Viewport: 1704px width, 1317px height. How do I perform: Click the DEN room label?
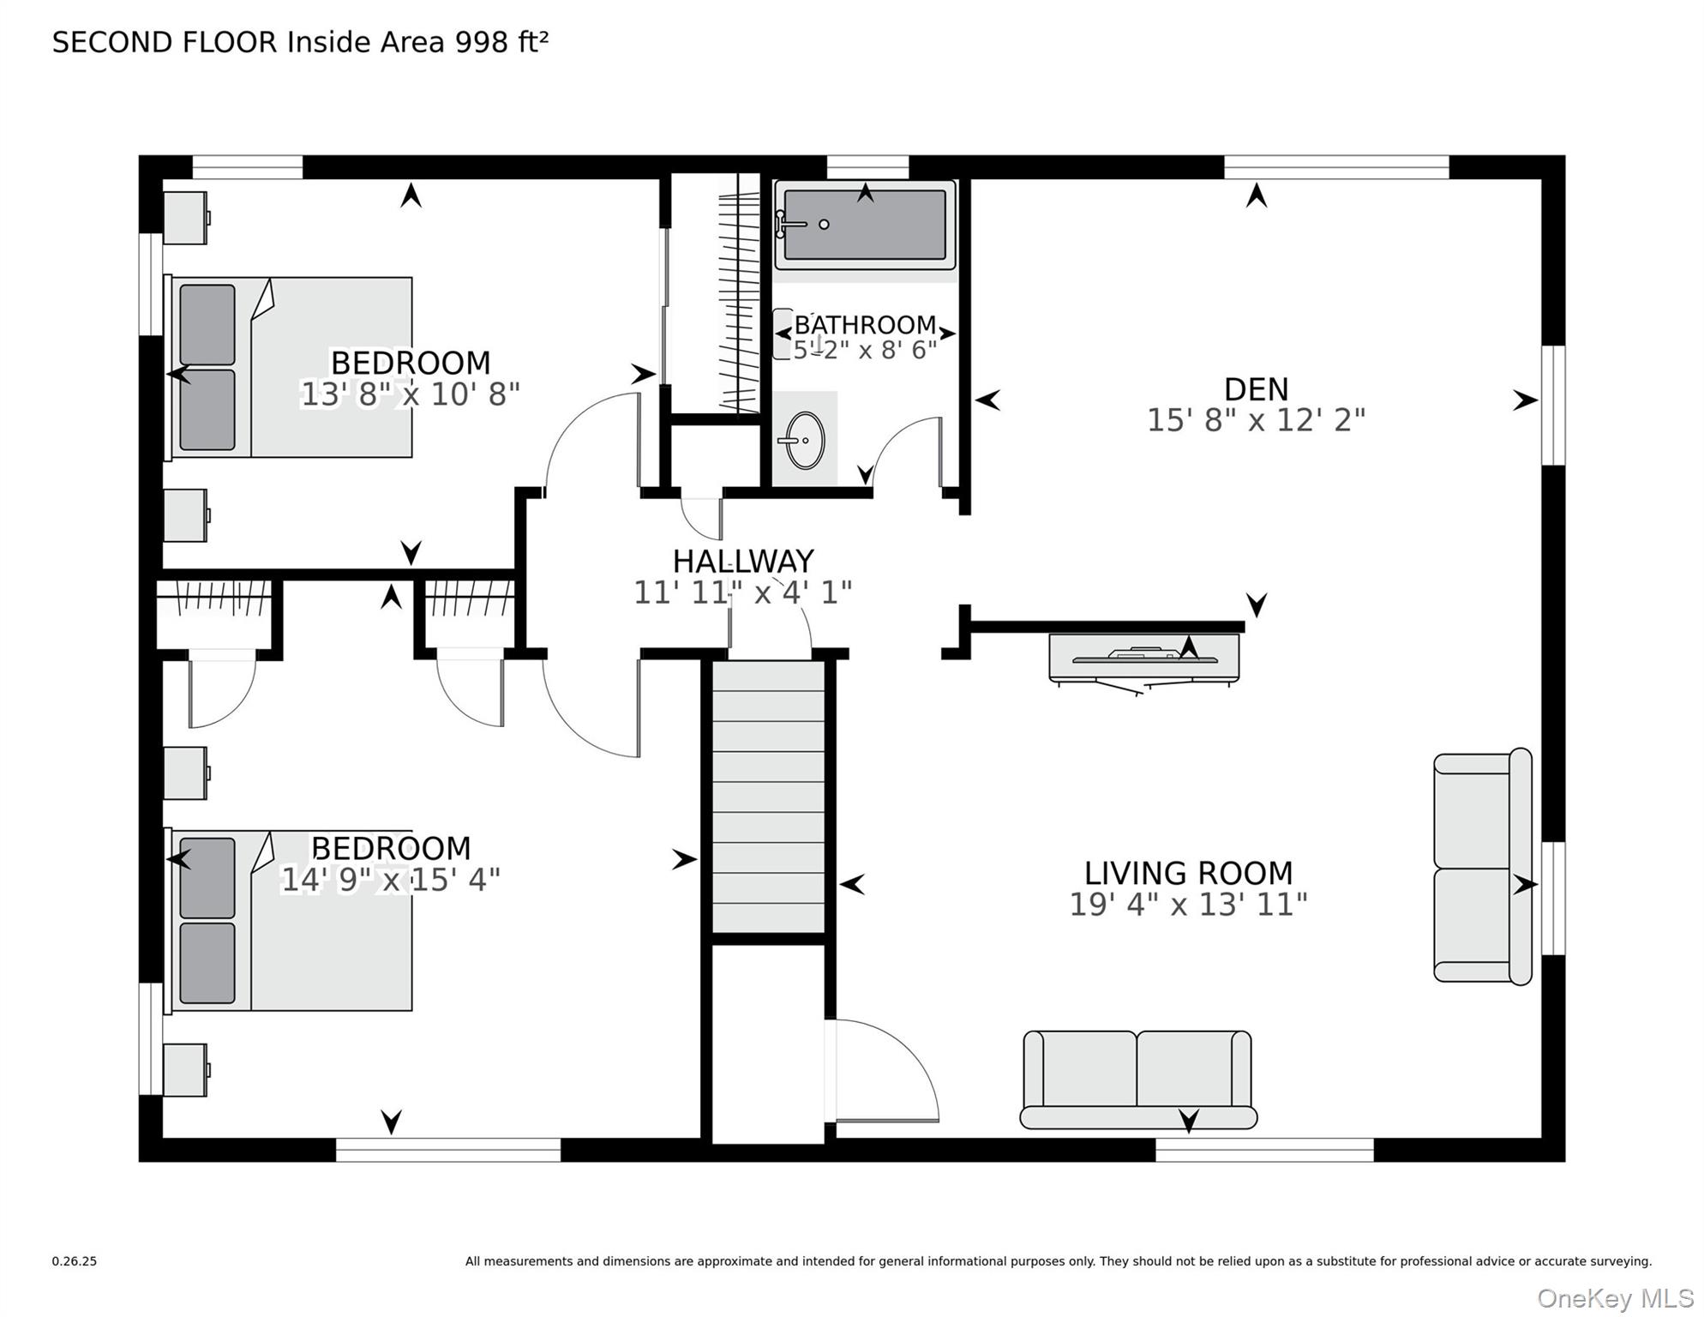1256,389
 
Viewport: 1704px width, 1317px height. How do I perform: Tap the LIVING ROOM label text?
1188,873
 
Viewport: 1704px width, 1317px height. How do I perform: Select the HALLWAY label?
742,562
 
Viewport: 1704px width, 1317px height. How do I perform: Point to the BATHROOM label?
865,325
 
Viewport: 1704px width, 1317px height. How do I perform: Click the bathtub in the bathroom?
865,225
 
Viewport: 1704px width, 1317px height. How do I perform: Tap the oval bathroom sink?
805,441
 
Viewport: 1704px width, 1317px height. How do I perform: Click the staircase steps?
768,797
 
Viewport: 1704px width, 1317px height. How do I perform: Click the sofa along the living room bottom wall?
1138,1079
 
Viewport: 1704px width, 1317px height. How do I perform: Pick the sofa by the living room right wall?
1483,867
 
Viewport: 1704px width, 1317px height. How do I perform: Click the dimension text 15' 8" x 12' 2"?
1256,420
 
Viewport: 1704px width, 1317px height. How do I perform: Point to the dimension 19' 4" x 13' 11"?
1188,905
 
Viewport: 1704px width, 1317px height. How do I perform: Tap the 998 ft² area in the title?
501,42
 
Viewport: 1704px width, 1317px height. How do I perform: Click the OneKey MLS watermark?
1615,1298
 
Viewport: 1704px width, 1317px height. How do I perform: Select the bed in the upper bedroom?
289,367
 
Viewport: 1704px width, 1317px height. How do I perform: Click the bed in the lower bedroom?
289,920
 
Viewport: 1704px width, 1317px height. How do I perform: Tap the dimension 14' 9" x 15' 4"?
390,880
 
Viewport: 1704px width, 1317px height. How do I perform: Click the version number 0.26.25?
75,1261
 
